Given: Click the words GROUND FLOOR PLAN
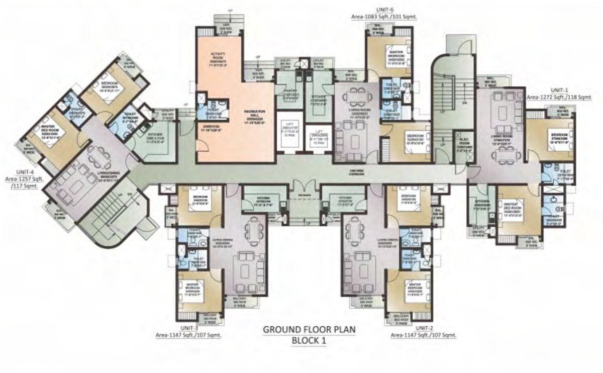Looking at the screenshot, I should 309,330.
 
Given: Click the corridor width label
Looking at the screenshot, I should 357,172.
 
